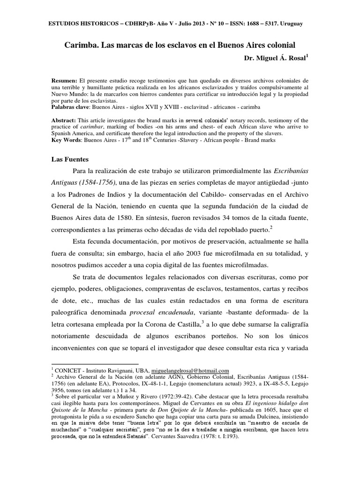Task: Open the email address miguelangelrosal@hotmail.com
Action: (x=188, y=370)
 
